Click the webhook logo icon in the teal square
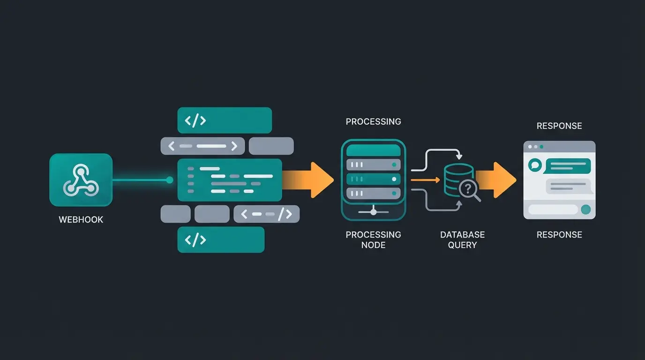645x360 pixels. coord(81,180)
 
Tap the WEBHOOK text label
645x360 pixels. coord(81,219)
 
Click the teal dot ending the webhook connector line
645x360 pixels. coord(170,180)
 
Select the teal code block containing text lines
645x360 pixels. coord(230,180)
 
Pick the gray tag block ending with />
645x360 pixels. coord(266,214)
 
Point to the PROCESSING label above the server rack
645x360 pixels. coord(373,121)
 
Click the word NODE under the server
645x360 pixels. coord(373,245)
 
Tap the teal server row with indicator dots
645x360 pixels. coord(373,179)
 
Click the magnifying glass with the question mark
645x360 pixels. coord(469,190)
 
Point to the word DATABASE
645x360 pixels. coord(462,234)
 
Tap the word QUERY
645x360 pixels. coord(462,245)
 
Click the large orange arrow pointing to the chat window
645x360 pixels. coord(497,180)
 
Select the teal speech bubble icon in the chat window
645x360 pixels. coord(535,165)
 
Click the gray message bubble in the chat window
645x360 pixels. coord(569,186)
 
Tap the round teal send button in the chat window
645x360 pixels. coord(585,210)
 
